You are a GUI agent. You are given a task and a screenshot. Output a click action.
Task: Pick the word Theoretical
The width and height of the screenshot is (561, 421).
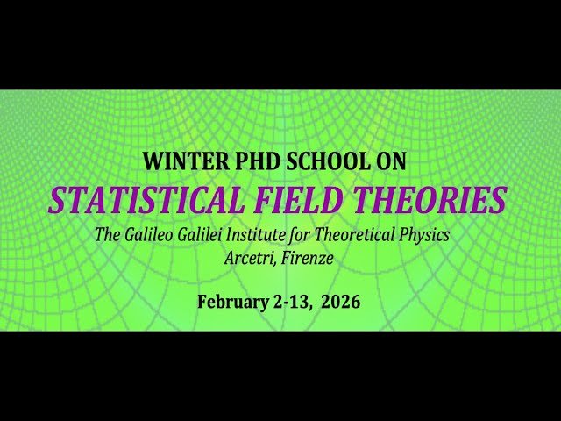[363, 235]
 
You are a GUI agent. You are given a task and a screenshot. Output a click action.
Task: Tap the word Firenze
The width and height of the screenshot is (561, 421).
[307, 258]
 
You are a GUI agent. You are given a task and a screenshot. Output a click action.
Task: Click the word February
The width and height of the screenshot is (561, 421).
[231, 302]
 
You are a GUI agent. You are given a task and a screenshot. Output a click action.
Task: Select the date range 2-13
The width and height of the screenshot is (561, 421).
[291, 302]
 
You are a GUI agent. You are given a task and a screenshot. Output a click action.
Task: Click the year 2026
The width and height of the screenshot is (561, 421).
[340, 302]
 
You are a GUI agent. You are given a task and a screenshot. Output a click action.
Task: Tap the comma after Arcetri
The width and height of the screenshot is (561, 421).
[275, 263]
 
